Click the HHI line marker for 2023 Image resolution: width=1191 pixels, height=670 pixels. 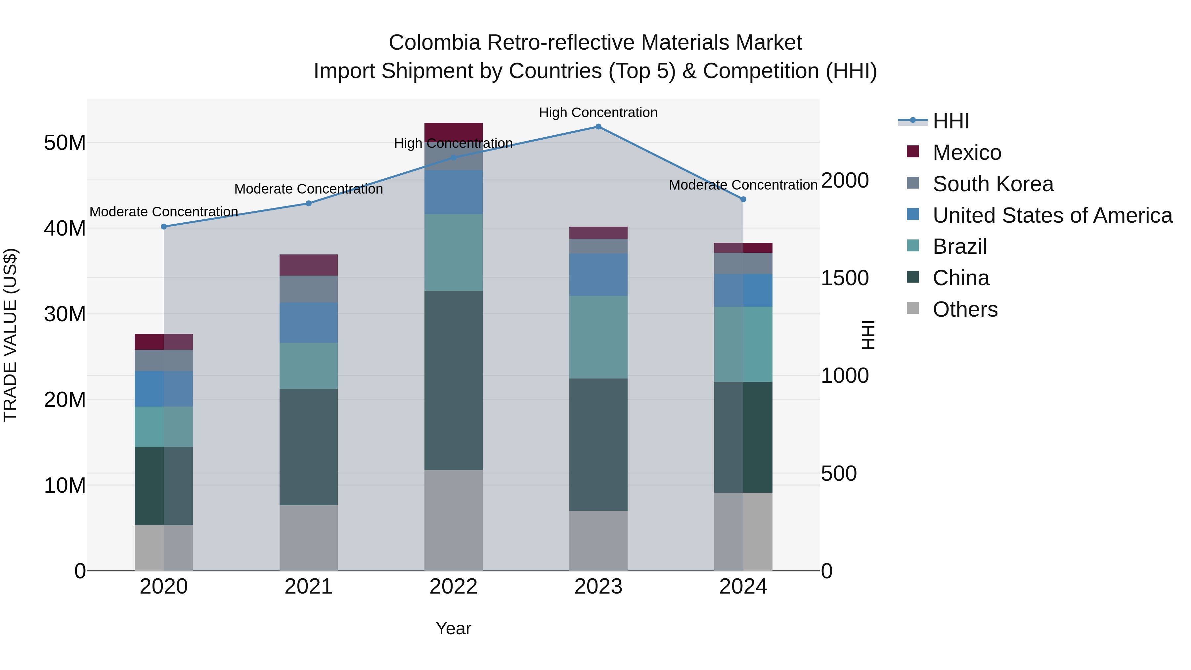(598, 127)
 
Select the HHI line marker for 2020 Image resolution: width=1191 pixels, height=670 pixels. (164, 227)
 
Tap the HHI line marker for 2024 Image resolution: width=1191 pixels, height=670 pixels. (743, 199)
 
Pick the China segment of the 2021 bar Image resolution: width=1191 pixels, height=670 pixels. (308, 447)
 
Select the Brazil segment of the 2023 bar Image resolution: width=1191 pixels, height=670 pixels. (598, 337)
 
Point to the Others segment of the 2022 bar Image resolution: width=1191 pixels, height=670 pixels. (453, 520)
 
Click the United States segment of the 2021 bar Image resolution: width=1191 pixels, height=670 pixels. (308, 323)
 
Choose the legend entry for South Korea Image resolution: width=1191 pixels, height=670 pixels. (992, 184)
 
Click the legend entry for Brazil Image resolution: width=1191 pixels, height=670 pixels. (959, 246)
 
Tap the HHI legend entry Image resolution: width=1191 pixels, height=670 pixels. (950, 121)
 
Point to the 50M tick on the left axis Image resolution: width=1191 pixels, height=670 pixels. (65, 143)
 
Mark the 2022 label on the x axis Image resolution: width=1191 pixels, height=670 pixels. (453, 587)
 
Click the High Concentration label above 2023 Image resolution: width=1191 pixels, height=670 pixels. (598, 112)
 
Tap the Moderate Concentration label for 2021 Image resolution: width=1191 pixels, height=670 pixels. (308, 189)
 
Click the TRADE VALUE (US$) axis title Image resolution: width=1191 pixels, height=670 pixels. (10, 335)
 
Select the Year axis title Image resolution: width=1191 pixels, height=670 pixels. (453, 628)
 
